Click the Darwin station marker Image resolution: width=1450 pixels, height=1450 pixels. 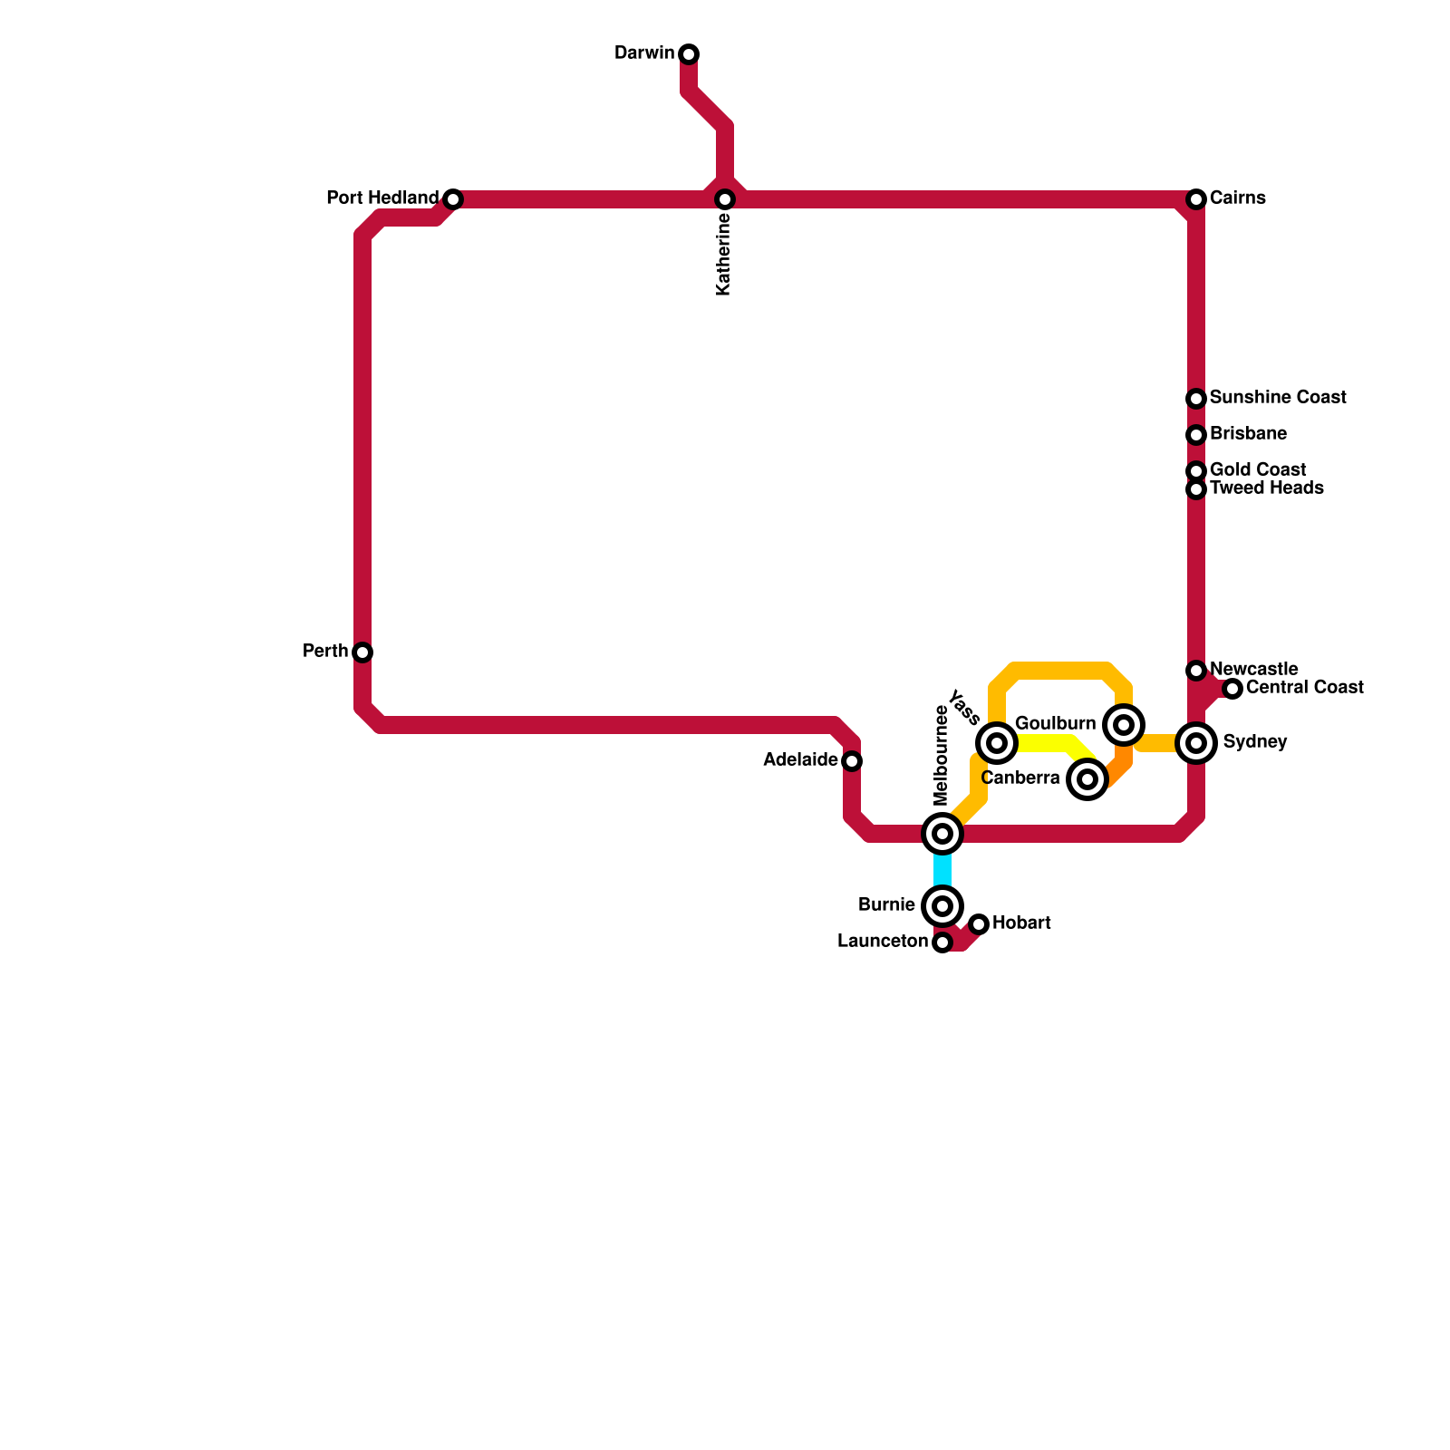(x=689, y=54)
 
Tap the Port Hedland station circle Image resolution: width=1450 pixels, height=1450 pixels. (x=453, y=199)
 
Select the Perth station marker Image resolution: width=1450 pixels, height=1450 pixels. (x=362, y=652)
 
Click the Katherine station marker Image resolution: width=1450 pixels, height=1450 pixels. (x=725, y=199)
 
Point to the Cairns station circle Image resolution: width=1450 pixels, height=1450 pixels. (x=1196, y=199)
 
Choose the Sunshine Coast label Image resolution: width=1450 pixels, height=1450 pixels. (x=1278, y=398)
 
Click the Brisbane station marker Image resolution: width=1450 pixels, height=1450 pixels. (x=1196, y=435)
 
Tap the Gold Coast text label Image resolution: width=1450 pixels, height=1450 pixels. (x=1258, y=469)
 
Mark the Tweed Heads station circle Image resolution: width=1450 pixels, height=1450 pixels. (x=1196, y=489)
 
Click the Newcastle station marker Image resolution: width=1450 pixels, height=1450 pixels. (x=1196, y=671)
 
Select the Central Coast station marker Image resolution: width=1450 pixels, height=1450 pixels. (x=1232, y=689)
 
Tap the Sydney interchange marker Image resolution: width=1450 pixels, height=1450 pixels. (x=1196, y=743)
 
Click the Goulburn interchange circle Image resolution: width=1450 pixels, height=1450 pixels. (x=1124, y=725)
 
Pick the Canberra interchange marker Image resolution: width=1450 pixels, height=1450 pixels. (x=1087, y=779)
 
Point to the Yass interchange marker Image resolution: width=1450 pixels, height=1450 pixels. (x=997, y=743)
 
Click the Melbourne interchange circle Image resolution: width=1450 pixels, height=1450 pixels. (x=942, y=834)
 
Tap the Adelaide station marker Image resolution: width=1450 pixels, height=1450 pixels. (x=852, y=761)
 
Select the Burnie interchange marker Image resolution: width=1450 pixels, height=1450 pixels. (x=942, y=906)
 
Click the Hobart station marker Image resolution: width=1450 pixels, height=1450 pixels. (x=979, y=924)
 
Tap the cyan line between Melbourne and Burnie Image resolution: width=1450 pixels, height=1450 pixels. (x=942, y=870)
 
